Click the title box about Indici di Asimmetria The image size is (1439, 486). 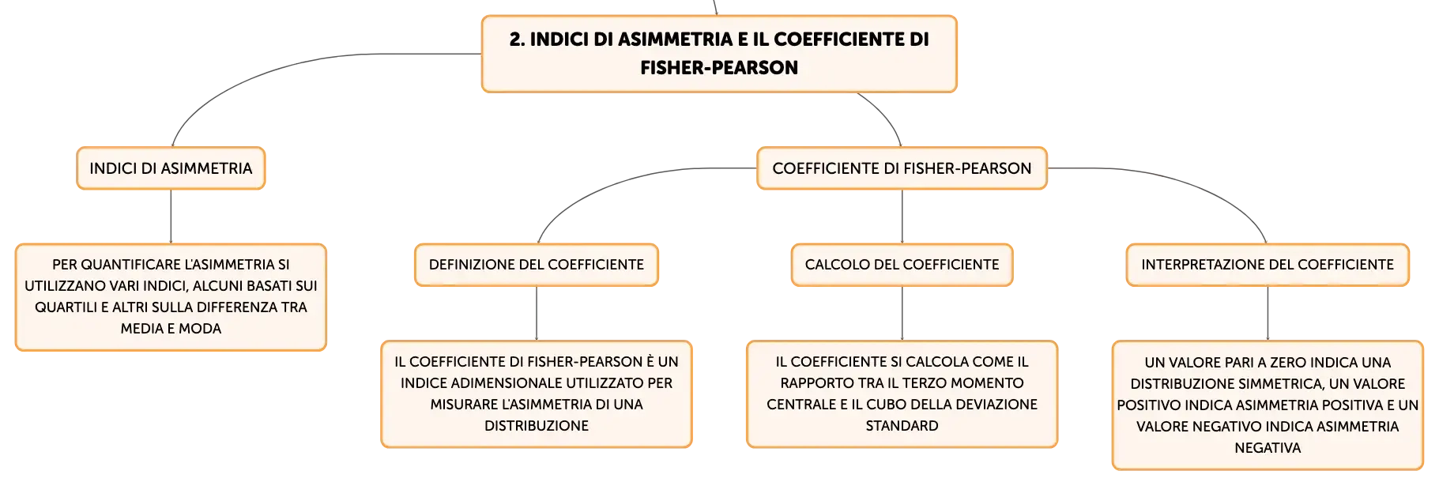[719, 54]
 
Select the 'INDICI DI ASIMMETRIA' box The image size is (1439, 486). [171, 168]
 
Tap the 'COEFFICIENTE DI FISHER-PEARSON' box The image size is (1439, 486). [902, 168]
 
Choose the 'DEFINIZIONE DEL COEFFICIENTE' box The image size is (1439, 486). [537, 265]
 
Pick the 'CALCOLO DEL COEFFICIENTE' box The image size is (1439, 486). [902, 265]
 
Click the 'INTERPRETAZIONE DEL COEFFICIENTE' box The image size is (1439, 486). [1268, 265]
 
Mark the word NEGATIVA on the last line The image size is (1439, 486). [1268, 448]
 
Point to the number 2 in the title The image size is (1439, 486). [515, 40]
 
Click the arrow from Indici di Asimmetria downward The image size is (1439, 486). [171, 217]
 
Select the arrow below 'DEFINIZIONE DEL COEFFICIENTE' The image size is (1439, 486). [537, 314]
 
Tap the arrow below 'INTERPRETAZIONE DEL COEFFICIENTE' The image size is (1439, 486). [1268, 314]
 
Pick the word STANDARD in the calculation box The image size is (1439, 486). [902, 426]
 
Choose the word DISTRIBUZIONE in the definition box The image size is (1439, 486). [537, 426]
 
